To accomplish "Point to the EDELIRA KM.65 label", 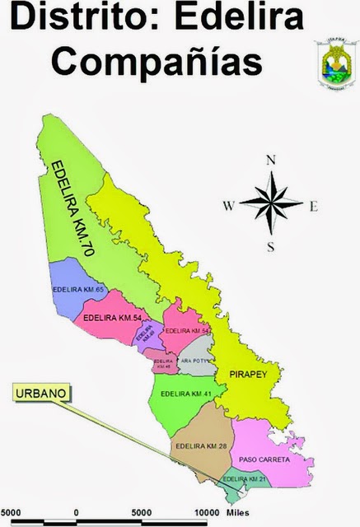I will coord(76,291).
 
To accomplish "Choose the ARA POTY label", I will coord(197,361).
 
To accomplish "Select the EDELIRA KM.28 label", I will coord(200,446).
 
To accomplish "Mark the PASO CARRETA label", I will coord(261,459).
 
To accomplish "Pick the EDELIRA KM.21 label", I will coord(245,479).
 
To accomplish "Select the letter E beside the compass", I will coord(313,206).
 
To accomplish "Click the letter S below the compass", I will coord(270,246).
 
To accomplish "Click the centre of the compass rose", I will coord(270,203).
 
